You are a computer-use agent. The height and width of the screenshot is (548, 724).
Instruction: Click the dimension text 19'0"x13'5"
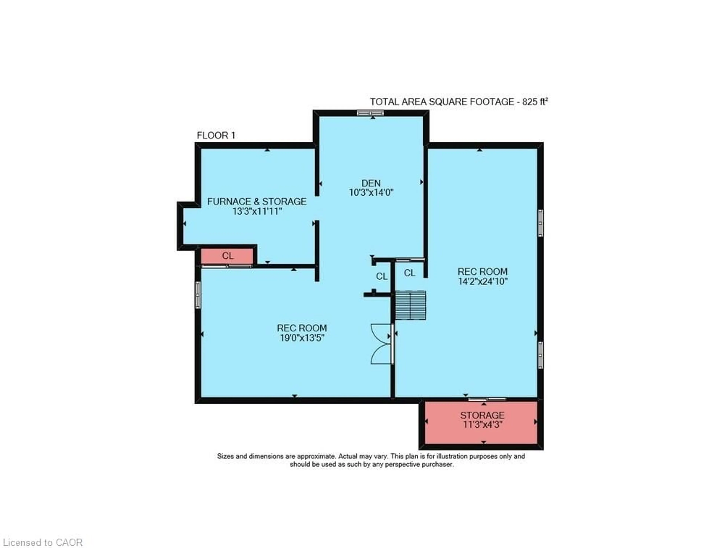click(302, 338)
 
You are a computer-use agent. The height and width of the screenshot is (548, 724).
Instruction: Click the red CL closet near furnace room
click(228, 256)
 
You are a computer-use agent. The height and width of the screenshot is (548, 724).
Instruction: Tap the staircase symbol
click(410, 305)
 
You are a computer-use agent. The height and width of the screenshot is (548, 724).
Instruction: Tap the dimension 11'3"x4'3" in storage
click(482, 425)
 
